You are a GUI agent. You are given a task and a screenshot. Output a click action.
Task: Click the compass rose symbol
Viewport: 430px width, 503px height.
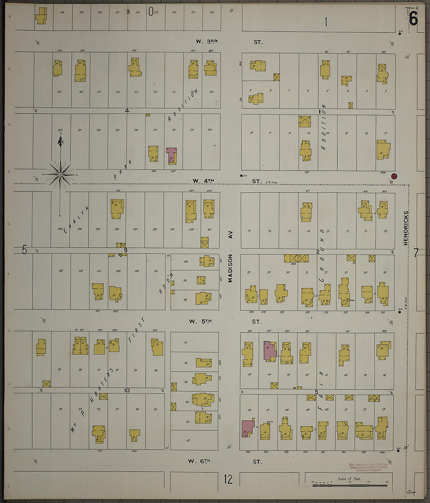[x=60, y=175]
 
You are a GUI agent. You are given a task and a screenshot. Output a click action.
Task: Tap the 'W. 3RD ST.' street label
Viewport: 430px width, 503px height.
[x=229, y=41]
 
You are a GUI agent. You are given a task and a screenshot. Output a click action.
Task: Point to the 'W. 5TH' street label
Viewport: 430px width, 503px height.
[x=200, y=321]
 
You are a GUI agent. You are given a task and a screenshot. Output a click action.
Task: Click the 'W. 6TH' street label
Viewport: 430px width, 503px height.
[x=199, y=461]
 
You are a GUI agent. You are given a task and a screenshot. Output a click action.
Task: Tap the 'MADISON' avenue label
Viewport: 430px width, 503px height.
[x=230, y=268]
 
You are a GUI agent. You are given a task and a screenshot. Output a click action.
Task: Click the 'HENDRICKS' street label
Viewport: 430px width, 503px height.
[x=406, y=228]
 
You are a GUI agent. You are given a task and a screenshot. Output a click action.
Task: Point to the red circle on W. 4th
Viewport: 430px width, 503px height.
[x=394, y=176]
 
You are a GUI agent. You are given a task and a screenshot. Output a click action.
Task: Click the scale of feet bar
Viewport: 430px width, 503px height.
[x=349, y=485]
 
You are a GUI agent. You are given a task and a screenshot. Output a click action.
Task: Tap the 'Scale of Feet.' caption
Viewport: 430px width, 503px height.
[x=349, y=479]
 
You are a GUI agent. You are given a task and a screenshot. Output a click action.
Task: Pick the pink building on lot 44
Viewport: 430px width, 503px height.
[x=269, y=350]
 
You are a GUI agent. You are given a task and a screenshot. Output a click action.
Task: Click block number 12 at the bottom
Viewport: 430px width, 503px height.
[x=228, y=479]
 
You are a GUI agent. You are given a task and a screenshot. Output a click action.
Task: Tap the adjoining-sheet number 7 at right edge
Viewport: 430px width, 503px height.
[x=416, y=253]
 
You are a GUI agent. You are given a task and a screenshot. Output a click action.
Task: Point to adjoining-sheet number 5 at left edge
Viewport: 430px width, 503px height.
[x=24, y=249]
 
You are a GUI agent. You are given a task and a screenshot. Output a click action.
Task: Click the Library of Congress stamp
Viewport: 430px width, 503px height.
[x=368, y=467]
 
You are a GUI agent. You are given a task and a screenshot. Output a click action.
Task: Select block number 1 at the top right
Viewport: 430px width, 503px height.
[x=326, y=22]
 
